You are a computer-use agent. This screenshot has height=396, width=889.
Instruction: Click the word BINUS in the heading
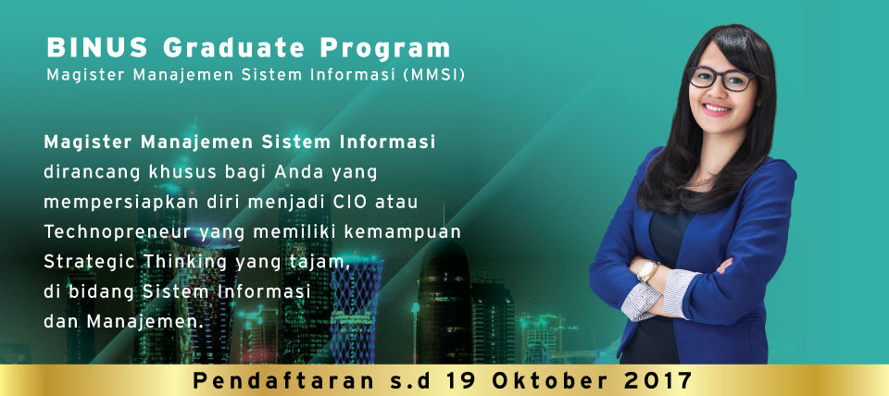pyautogui.click(x=97, y=47)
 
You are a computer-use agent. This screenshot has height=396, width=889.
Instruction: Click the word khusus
pyautogui.click(x=183, y=172)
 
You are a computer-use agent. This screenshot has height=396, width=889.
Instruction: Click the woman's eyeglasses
pyautogui.click(x=722, y=79)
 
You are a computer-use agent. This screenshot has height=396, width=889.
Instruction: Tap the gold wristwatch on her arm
pyautogui.click(x=648, y=271)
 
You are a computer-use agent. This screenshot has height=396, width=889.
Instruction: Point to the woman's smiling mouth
pyautogui.click(x=717, y=108)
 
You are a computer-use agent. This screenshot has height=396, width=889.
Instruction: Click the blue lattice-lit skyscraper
pyautogui.click(x=355, y=309)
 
